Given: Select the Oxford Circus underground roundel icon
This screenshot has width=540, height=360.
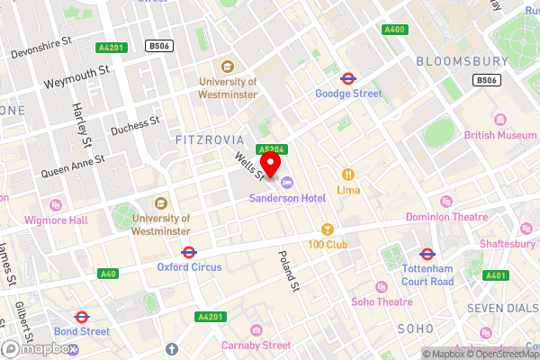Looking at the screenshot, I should pos(189,253).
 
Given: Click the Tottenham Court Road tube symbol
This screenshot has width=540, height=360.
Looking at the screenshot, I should pos(428,255).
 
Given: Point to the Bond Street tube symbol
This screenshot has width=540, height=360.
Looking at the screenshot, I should pos(81,317).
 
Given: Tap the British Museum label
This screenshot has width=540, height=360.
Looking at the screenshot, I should pos(499,135).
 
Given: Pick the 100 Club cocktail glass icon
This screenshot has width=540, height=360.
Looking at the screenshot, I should pos(328,229).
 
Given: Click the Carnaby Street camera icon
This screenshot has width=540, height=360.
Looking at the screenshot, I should pos(257,329).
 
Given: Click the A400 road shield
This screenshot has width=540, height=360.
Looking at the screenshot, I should pos(393,30).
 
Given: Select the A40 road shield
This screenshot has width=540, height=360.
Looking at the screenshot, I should pos(108,274).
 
